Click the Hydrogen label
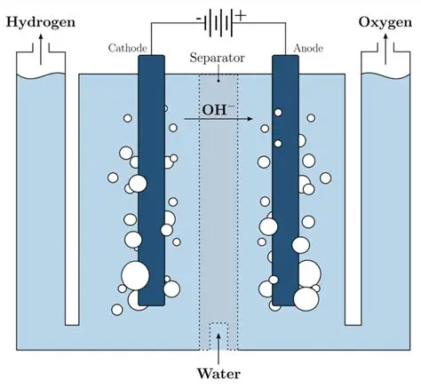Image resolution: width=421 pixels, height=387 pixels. [42, 20]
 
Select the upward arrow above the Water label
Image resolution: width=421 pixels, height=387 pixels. [218, 342]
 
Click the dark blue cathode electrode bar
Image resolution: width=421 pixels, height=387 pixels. [152, 178]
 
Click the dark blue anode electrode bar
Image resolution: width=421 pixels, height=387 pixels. [284, 178]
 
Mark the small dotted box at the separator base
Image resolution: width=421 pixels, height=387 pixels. [218, 336]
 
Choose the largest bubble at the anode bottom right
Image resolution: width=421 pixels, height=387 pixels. [305, 298]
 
